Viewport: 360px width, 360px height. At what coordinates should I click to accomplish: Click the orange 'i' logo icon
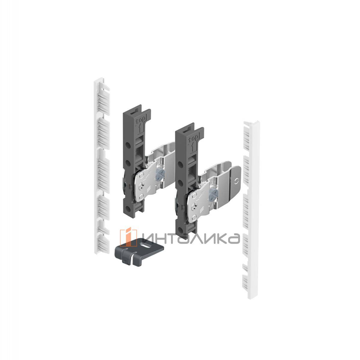click(x=128, y=237)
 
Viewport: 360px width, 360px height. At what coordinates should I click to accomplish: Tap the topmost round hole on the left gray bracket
click(x=128, y=145)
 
